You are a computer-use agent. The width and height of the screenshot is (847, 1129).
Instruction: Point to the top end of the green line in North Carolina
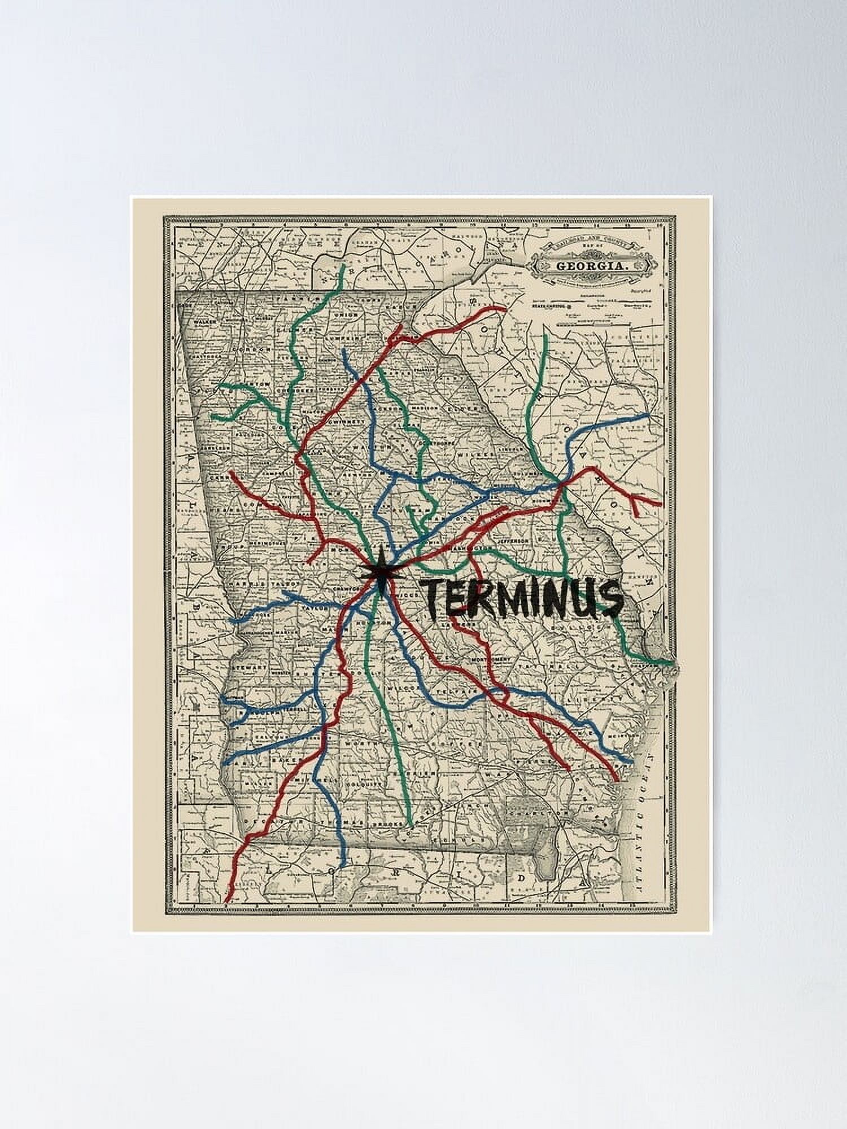[343, 266]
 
